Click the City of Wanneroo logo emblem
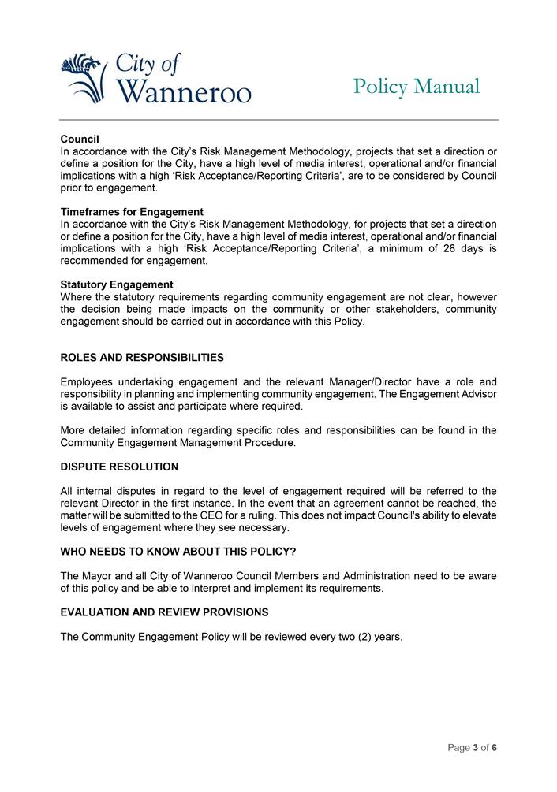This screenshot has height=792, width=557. coord(83,77)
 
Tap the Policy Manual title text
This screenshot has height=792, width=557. coord(416,86)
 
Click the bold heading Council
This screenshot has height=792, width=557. coord(80,139)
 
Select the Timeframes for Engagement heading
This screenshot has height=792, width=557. coord(132,212)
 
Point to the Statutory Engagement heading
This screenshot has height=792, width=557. coord(117,284)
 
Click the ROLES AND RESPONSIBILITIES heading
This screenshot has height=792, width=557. coord(142,358)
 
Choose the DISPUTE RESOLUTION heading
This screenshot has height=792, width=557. coord(119,467)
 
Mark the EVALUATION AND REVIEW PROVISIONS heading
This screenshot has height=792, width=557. coord(164,612)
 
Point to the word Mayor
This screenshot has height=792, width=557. coord(100,576)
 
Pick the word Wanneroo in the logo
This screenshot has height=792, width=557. coord(184,92)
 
